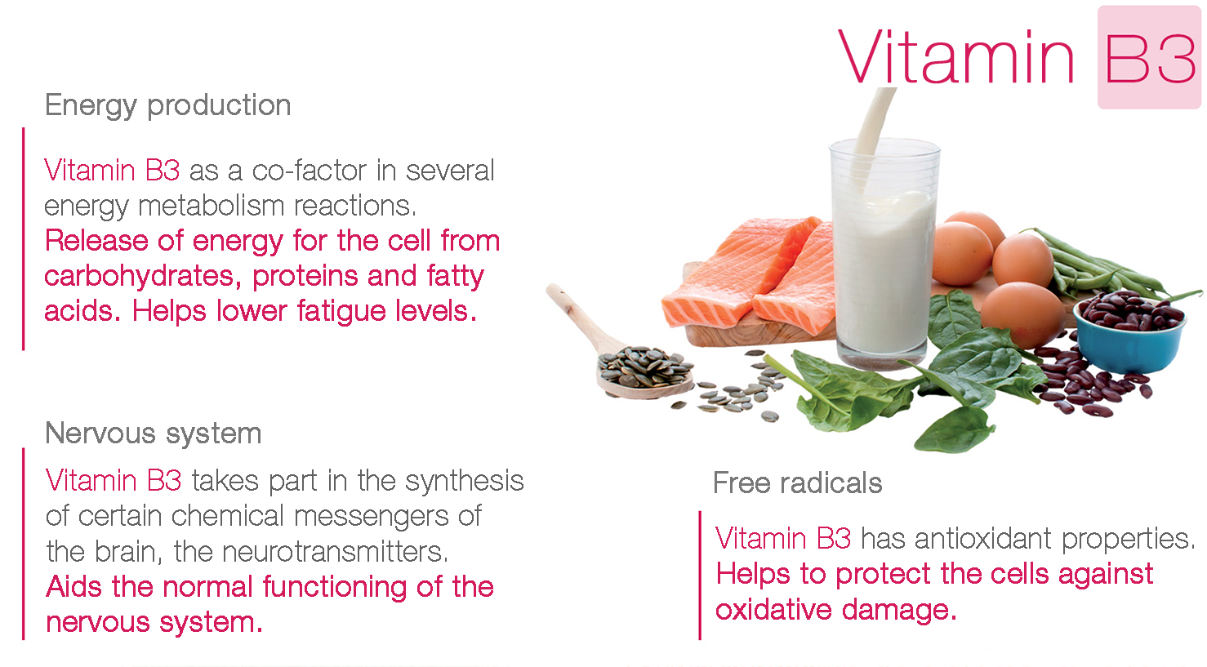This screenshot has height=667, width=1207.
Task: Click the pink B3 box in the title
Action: point(1149,57)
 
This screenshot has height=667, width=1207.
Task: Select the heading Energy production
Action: point(167,105)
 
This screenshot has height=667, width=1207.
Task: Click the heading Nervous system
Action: point(154,434)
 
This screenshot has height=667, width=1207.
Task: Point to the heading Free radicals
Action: point(798,482)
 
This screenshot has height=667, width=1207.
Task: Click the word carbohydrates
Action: point(139,277)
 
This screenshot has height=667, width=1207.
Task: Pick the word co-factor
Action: point(309,171)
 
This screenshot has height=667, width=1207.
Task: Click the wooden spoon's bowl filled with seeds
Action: point(644,371)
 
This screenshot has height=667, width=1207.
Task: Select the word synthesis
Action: point(464,481)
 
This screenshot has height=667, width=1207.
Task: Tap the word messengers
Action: point(372,517)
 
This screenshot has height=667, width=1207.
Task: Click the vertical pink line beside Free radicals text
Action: point(699,576)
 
